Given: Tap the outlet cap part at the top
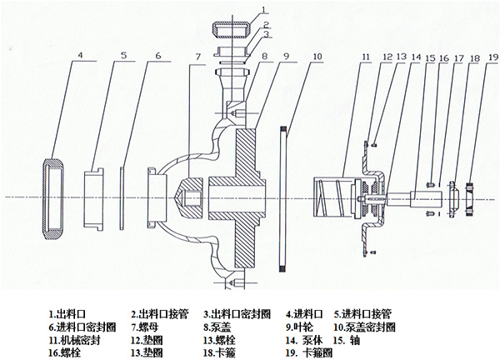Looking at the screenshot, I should point(232,28).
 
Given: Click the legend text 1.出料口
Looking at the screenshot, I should point(68,315).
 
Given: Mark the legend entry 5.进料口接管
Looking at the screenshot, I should point(362,315).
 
